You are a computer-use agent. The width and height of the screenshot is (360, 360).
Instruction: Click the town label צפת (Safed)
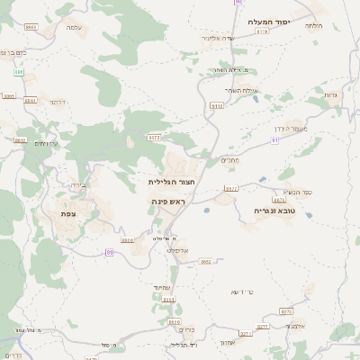pos(67,213)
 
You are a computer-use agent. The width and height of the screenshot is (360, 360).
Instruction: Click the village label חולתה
pos(314,25)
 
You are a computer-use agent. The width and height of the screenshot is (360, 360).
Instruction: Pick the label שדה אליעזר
pos(244,40)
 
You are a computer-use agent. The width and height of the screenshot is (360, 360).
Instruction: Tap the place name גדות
pos(329,94)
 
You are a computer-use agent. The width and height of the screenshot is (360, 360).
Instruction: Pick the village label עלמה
pos(75,27)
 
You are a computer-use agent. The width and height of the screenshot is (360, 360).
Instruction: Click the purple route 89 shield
pos(110,253)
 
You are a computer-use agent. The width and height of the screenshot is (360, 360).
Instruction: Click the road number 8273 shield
pos(286,310)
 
